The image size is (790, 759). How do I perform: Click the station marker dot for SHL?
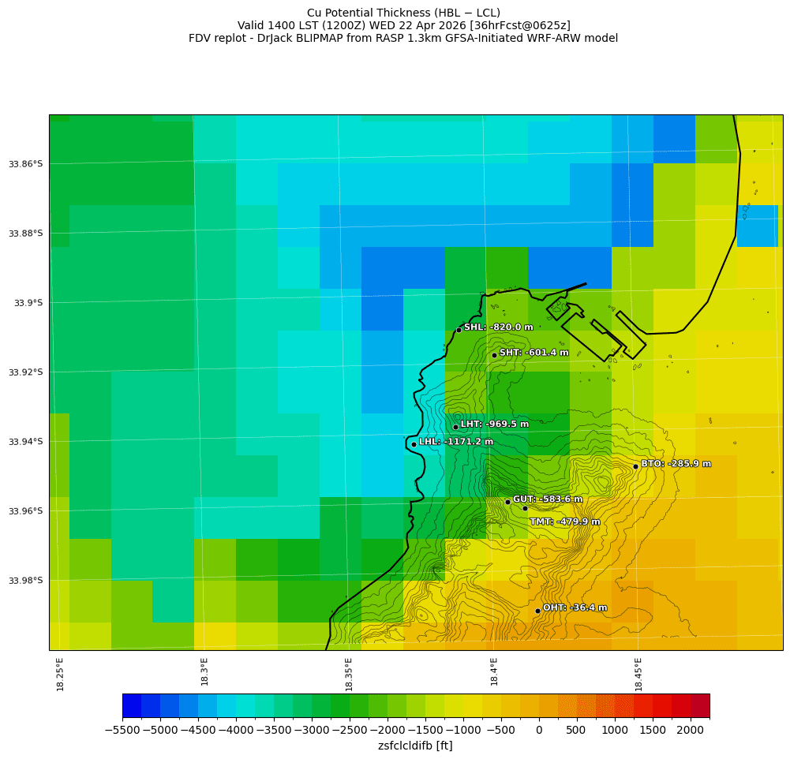pyautogui.click(x=459, y=330)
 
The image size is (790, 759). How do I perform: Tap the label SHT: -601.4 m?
pyautogui.click(x=534, y=353)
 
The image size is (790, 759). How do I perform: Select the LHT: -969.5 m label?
pyautogui.click(x=494, y=424)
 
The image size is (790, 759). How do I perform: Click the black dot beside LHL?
pyautogui.click(x=414, y=444)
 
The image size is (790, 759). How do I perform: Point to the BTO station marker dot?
pyautogui.click(x=635, y=466)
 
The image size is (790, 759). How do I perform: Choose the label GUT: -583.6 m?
pyautogui.click(x=547, y=499)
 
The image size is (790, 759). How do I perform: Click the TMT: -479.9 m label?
pyautogui.click(x=564, y=522)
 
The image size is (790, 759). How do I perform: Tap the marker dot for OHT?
pyautogui.click(x=537, y=611)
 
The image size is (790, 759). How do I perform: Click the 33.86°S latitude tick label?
pyautogui.click(x=26, y=164)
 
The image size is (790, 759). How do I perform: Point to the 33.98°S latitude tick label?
pyautogui.click(x=26, y=581)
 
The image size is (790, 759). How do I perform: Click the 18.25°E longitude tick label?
pyautogui.click(x=61, y=675)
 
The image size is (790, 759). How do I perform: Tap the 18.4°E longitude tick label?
pyautogui.click(x=494, y=675)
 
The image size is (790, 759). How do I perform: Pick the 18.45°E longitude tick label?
pyautogui.click(x=638, y=675)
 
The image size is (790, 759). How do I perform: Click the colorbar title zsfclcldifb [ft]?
pyautogui.click(x=415, y=746)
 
